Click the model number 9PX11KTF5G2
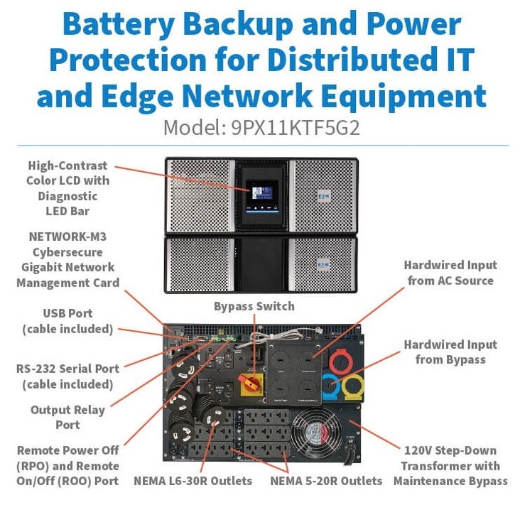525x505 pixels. (296, 128)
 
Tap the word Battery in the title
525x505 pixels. (118, 24)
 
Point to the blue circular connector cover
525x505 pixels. (331, 386)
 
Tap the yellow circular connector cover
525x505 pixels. (354, 387)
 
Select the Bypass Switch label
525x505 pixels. (254, 306)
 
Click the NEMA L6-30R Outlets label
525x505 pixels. (193, 481)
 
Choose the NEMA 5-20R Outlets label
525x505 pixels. (326, 481)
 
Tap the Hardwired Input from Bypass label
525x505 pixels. (450, 352)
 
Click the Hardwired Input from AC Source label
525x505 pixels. (450, 273)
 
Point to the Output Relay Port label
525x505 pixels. (67, 418)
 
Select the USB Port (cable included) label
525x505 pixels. (67, 321)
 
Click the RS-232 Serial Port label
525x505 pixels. (67, 369)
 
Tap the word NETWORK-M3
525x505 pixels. (67, 237)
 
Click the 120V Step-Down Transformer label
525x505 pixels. (450, 458)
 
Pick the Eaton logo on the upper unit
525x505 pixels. (324, 196)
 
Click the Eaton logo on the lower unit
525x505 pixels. (323, 265)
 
